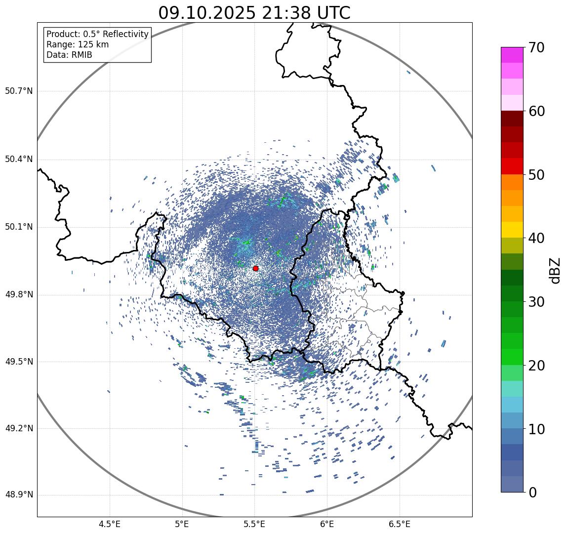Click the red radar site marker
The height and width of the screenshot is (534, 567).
255,268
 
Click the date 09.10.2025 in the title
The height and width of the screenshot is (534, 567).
206,13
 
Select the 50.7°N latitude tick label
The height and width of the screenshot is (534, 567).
19,91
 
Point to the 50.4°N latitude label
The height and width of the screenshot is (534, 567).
19,159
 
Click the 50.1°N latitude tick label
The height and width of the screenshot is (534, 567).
19,227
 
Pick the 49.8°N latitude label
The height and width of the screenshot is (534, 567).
19,294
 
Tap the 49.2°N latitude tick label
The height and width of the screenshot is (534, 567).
19,428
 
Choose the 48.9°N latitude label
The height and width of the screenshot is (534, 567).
19,495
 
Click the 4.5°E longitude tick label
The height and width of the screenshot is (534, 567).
110,524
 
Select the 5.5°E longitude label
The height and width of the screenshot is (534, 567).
254,524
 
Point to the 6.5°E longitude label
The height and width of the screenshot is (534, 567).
399,524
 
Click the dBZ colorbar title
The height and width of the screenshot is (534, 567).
555,270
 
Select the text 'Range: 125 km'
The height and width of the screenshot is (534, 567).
78,44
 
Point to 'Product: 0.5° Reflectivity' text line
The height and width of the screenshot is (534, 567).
97,34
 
